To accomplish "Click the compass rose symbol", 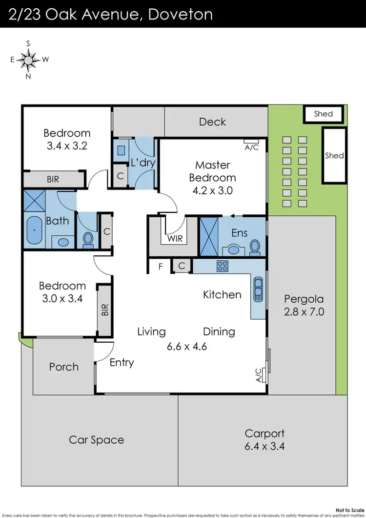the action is click(28, 60).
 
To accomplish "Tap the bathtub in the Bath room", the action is click(34, 230).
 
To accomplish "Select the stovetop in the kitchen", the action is click(223, 266).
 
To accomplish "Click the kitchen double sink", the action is click(258, 289).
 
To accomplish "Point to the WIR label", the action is click(175, 239).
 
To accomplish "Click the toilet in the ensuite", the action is click(255, 247).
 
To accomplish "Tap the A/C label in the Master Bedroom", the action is click(252, 147).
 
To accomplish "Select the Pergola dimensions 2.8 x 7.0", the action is click(304, 311).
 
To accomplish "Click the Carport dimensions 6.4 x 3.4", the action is click(264, 446).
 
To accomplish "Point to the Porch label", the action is click(64, 367).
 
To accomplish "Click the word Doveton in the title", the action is click(181, 15).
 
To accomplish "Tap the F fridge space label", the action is click(161, 266).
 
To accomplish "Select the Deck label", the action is click(212, 122).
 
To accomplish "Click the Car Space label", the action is click(97, 440).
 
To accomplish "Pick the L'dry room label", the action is click(143, 163).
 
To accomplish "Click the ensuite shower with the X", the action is click(209, 236).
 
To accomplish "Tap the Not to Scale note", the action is click(350, 510).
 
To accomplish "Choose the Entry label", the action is click(122, 362).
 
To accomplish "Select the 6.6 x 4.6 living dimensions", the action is click(186, 346).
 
